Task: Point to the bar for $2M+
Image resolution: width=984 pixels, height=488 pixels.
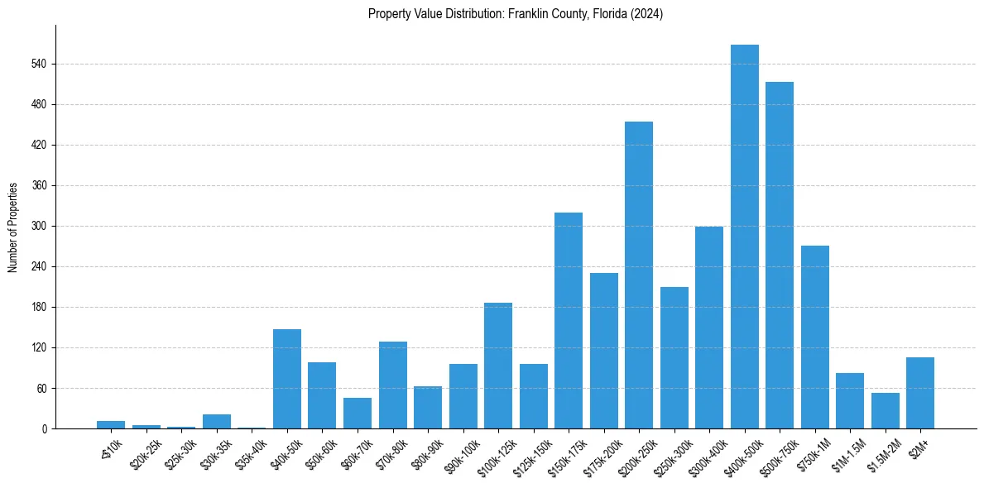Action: click(920, 393)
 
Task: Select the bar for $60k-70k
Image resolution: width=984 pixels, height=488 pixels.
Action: click(358, 413)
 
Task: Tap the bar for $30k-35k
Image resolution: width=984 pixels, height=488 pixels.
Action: click(217, 421)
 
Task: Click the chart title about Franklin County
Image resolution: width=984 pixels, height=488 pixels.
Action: click(516, 14)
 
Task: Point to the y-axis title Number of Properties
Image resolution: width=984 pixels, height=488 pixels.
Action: click(13, 227)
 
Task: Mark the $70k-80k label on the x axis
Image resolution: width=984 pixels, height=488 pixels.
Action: click(388, 452)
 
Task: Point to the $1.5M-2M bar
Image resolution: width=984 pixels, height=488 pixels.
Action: click(885, 410)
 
